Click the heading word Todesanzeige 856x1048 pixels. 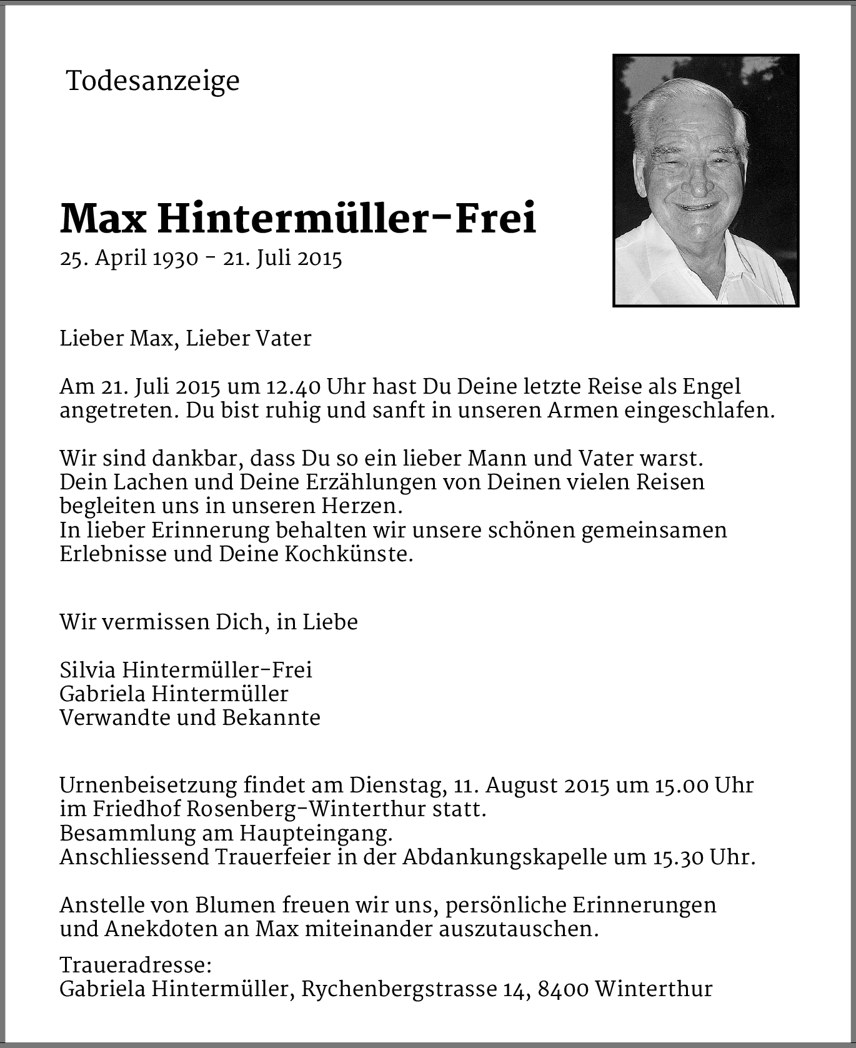point(152,81)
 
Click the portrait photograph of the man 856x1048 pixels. point(705,181)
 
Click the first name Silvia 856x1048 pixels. point(87,670)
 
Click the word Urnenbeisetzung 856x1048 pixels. point(148,785)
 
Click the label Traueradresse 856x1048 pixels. point(136,966)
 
